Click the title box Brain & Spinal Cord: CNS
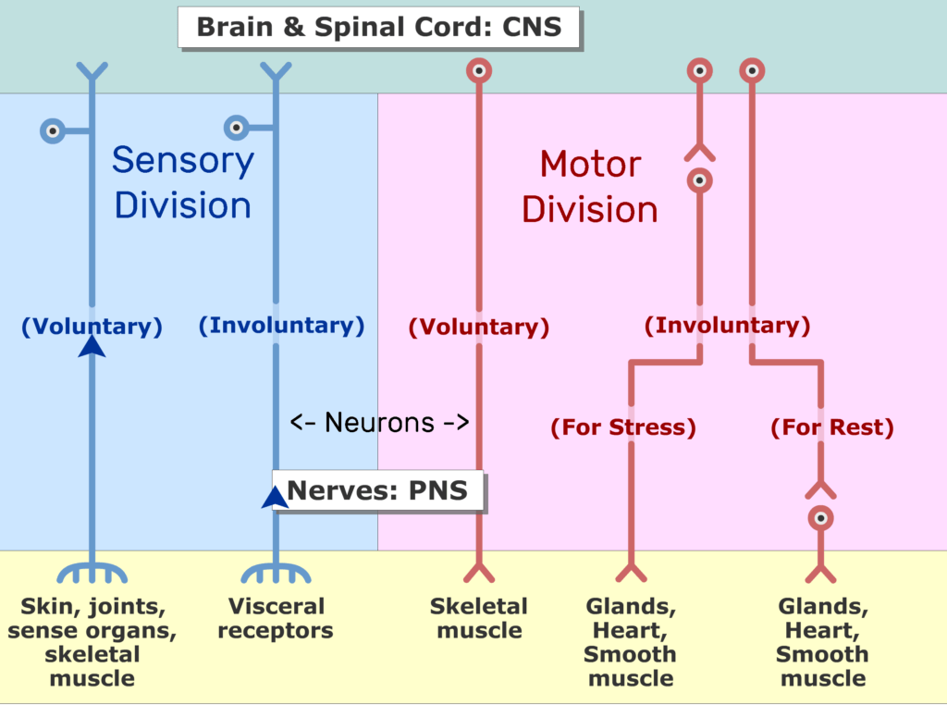[378, 26]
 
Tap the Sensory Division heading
[183, 183]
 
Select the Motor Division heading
[589, 187]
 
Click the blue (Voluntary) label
[92, 326]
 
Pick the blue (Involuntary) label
[281, 325]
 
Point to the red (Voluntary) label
[479, 327]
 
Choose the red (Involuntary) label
[727, 325]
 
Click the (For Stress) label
[622, 427]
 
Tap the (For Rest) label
[832, 427]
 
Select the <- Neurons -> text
[380, 423]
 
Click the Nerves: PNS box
[378, 490]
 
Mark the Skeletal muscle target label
[479, 619]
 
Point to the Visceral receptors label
[277, 619]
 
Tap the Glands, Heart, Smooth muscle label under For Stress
[631, 642]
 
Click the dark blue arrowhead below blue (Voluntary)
[92, 346]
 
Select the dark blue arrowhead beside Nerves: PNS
[275, 498]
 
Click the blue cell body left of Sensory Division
[54, 130]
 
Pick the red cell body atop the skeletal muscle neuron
[478, 70]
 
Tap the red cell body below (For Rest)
[820, 518]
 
